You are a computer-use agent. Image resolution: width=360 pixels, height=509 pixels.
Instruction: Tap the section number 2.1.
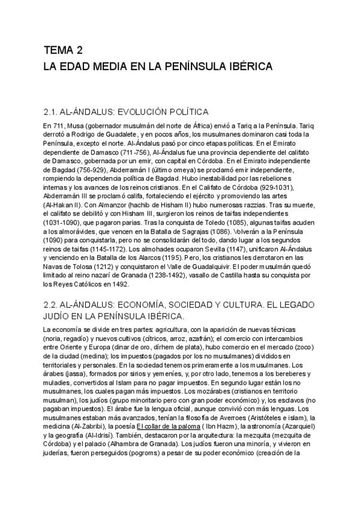pyautogui.click(x=53, y=112)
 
